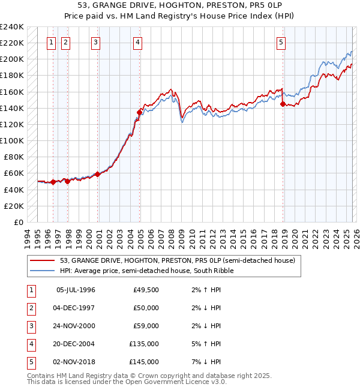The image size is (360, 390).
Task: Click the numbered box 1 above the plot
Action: pyautogui.click(x=51, y=42)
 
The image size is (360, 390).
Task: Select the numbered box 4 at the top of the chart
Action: pyautogui.click(x=138, y=42)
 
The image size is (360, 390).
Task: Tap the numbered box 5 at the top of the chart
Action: pyautogui.click(x=281, y=42)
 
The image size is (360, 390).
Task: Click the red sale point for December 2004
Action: pyautogui.click(x=139, y=112)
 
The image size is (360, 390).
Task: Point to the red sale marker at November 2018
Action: pyautogui.click(x=283, y=104)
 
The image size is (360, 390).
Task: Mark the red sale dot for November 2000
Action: pyautogui.click(x=97, y=174)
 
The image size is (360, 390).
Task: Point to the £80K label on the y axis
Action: pyautogui.click(x=13, y=157)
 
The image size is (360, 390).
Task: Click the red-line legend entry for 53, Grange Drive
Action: pyautogui.click(x=177, y=261)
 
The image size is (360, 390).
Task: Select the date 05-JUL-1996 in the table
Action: pyautogui.click(x=76, y=290)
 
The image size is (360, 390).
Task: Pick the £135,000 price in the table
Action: pyautogui.click(x=144, y=345)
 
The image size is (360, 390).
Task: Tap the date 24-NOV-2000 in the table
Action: pyautogui.click(x=76, y=326)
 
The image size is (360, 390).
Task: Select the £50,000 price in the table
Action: pyautogui.click(x=146, y=308)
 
